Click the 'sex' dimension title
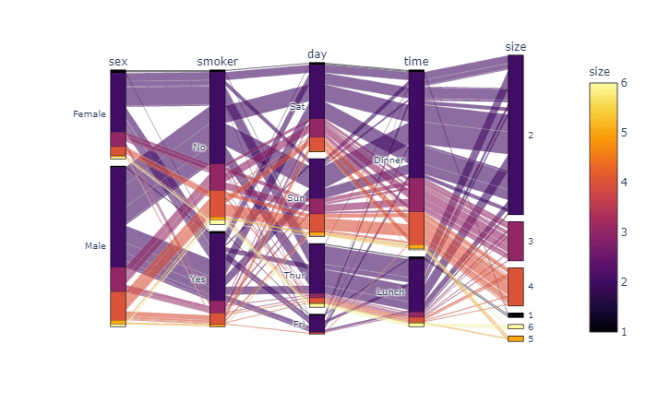tap(118, 62)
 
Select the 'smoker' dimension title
tap(217, 62)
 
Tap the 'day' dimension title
tap(317, 54)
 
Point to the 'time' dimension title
tap(416, 62)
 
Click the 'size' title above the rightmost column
tap(516, 46)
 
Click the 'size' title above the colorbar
tap(599, 71)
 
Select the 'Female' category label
tap(90, 114)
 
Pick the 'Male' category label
tap(95, 246)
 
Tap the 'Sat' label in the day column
tap(296, 107)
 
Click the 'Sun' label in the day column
tap(295, 198)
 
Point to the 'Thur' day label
tap(294, 276)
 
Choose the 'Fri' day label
tap(299, 325)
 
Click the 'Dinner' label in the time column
tap(389, 160)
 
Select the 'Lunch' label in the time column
tap(390, 292)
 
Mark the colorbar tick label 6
tap(624, 83)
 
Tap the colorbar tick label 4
tap(624, 182)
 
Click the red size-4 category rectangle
tap(516, 287)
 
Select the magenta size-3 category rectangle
tap(516, 241)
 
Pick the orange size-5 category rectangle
tap(516, 338)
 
